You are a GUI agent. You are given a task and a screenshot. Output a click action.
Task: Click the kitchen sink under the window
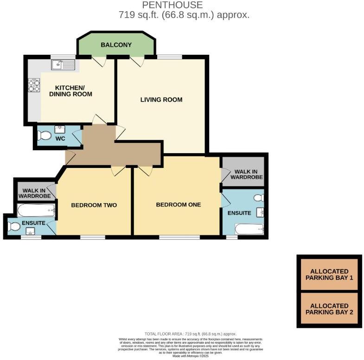pyautogui.click(x=63, y=65)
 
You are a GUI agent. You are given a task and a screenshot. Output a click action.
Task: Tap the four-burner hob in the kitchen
pyautogui.click(x=34, y=85)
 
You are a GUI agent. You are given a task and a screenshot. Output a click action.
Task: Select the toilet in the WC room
pyautogui.click(x=45, y=135)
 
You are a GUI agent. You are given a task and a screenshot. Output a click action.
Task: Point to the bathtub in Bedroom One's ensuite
pyautogui.click(x=249, y=229)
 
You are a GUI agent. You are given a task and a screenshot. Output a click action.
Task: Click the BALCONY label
pyautogui.click(x=116, y=45)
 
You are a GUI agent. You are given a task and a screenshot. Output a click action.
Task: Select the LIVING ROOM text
pyautogui.click(x=161, y=100)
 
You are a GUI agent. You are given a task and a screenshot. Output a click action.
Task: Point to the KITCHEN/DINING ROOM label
pyautogui.click(x=74, y=90)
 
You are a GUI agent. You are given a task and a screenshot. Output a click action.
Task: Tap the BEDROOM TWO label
pyautogui.click(x=94, y=205)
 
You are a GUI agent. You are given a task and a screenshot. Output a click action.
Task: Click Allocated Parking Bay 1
pyautogui.click(x=329, y=274)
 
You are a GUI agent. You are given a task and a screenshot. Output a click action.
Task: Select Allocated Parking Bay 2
pyautogui.click(x=329, y=309)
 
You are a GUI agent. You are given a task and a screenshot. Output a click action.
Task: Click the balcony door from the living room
pyautogui.click(x=137, y=61)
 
